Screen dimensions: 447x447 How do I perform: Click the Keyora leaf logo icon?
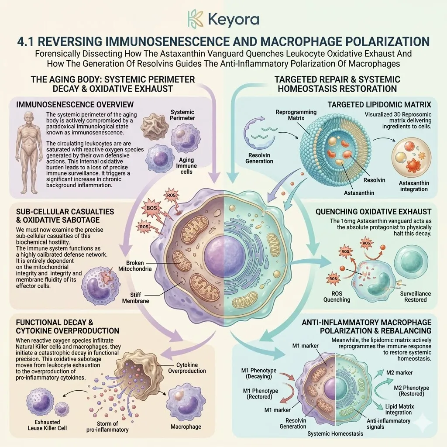tap(196, 19)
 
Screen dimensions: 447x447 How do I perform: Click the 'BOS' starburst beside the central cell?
tap(151, 208)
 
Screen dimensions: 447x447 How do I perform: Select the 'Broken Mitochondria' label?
tap(135, 266)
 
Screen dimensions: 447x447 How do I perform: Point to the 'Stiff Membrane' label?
tap(136, 298)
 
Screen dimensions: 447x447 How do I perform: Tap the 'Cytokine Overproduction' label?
tap(187, 368)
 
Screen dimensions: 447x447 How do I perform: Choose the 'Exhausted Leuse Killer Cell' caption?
tap(47, 425)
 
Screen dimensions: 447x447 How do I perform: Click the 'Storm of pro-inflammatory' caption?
tap(107, 427)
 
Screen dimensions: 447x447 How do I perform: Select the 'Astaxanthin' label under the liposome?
tap(359, 193)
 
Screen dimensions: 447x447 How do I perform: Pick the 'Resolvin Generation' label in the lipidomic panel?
tap(259, 158)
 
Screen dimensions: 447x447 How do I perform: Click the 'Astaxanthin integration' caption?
tap(414, 186)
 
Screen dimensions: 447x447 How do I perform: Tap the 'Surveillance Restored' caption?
tap(416, 296)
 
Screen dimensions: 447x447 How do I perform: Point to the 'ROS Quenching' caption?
tap(337, 296)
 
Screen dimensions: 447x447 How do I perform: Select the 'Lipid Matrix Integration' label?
tap(399, 409)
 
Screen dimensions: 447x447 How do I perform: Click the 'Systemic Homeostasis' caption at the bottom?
tap(335, 433)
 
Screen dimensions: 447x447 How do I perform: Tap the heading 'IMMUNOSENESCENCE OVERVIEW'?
tap(75, 104)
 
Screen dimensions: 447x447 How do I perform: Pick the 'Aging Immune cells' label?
tap(186, 165)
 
